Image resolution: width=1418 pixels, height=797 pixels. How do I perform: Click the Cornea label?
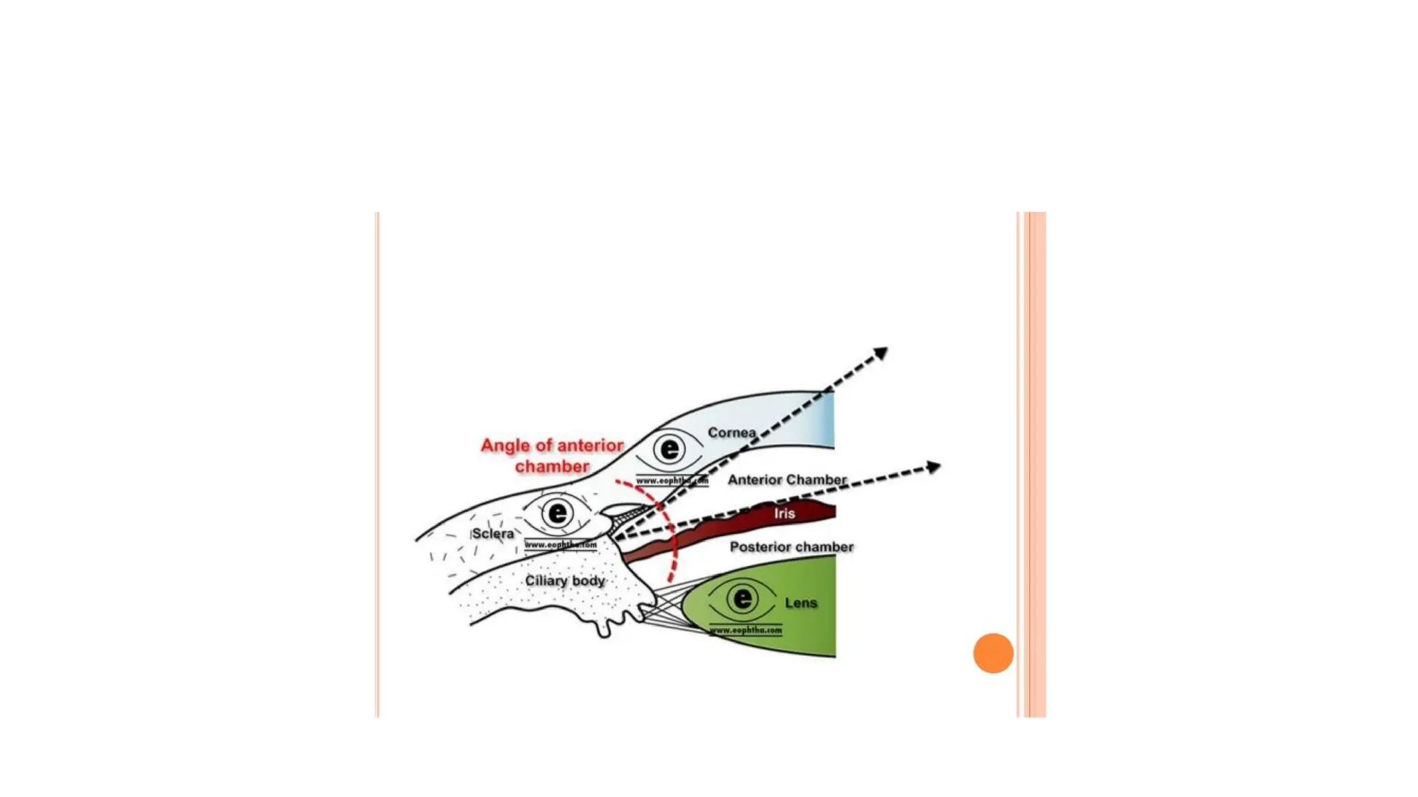[x=731, y=432]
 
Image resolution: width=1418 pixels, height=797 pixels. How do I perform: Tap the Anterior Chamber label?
[x=787, y=479]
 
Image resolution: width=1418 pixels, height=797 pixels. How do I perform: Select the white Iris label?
[x=784, y=513]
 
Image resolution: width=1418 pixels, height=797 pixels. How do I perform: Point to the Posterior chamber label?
[x=791, y=547]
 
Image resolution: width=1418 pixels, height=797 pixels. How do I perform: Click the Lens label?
[x=801, y=603]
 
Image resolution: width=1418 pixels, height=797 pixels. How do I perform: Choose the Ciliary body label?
[x=565, y=580]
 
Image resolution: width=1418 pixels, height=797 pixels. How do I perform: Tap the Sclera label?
[x=493, y=533]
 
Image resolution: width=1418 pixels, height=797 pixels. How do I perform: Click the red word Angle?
[x=505, y=446]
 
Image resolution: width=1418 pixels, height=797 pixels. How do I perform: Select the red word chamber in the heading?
[x=552, y=467]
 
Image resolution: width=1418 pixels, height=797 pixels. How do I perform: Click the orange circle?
[x=993, y=653]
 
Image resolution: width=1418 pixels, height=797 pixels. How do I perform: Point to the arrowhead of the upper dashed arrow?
[x=881, y=354]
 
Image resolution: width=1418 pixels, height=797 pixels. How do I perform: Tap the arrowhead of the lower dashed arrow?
[x=934, y=467]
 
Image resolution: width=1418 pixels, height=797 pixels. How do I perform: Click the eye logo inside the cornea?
[x=669, y=450]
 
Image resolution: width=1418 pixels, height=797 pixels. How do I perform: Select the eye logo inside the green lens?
[x=742, y=598]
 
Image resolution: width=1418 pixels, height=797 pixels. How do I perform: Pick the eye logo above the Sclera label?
[x=557, y=513]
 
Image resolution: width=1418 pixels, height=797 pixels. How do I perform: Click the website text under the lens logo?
[x=746, y=630]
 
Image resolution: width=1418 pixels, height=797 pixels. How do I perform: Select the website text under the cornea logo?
[x=672, y=480]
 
